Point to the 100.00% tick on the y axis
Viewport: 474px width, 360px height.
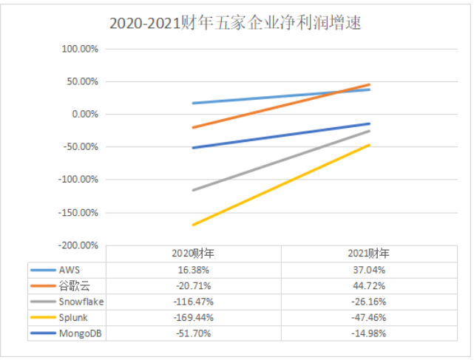(x=81, y=49)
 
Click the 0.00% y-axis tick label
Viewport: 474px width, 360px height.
(x=86, y=114)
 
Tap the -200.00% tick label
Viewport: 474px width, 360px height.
(x=80, y=245)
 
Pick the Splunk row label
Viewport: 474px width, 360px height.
(x=72, y=318)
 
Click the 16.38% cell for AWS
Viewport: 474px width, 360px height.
(x=192, y=270)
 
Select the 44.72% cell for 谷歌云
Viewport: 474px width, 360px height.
(x=368, y=285)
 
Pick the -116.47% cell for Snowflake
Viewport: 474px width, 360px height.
(x=192, y=302)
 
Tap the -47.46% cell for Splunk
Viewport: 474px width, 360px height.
(x=368, y=318)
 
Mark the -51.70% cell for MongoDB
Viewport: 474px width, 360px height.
(x=192, y=333)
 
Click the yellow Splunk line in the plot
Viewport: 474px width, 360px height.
(x=281, y=185)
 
